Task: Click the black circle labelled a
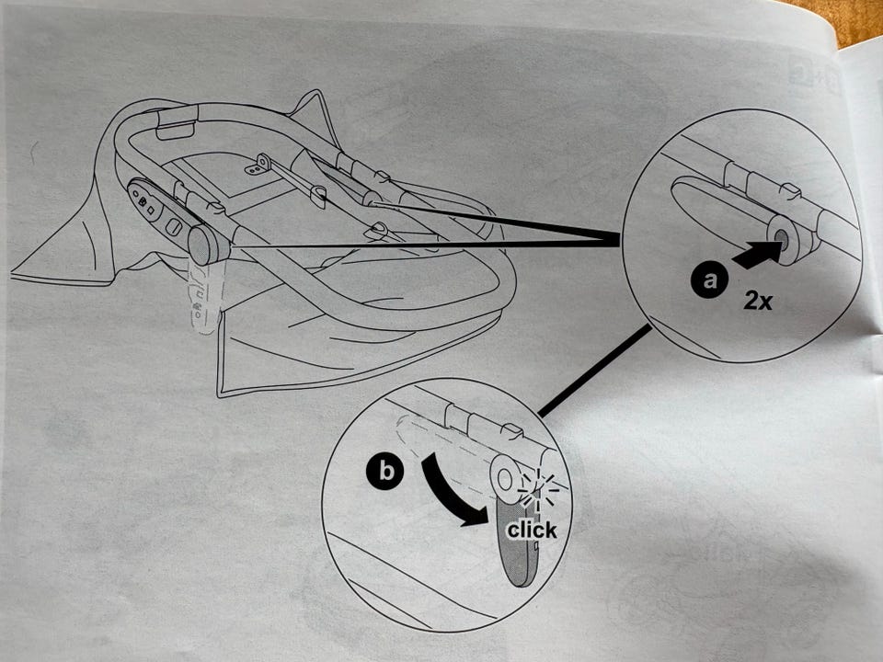tap(709, 280)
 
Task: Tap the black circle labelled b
tap(385, 470)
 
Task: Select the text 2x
tap(757, 302)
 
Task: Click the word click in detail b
tap(532, 530)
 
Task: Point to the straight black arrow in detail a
tap(756, 255)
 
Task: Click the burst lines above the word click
tap(538, 487)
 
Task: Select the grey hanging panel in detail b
tap(521, 541)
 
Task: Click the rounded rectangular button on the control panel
tap(175, 229)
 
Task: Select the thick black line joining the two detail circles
tap(595, 371)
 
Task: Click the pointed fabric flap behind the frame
tap(313, 117)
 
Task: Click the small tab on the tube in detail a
tap(791, 191)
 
